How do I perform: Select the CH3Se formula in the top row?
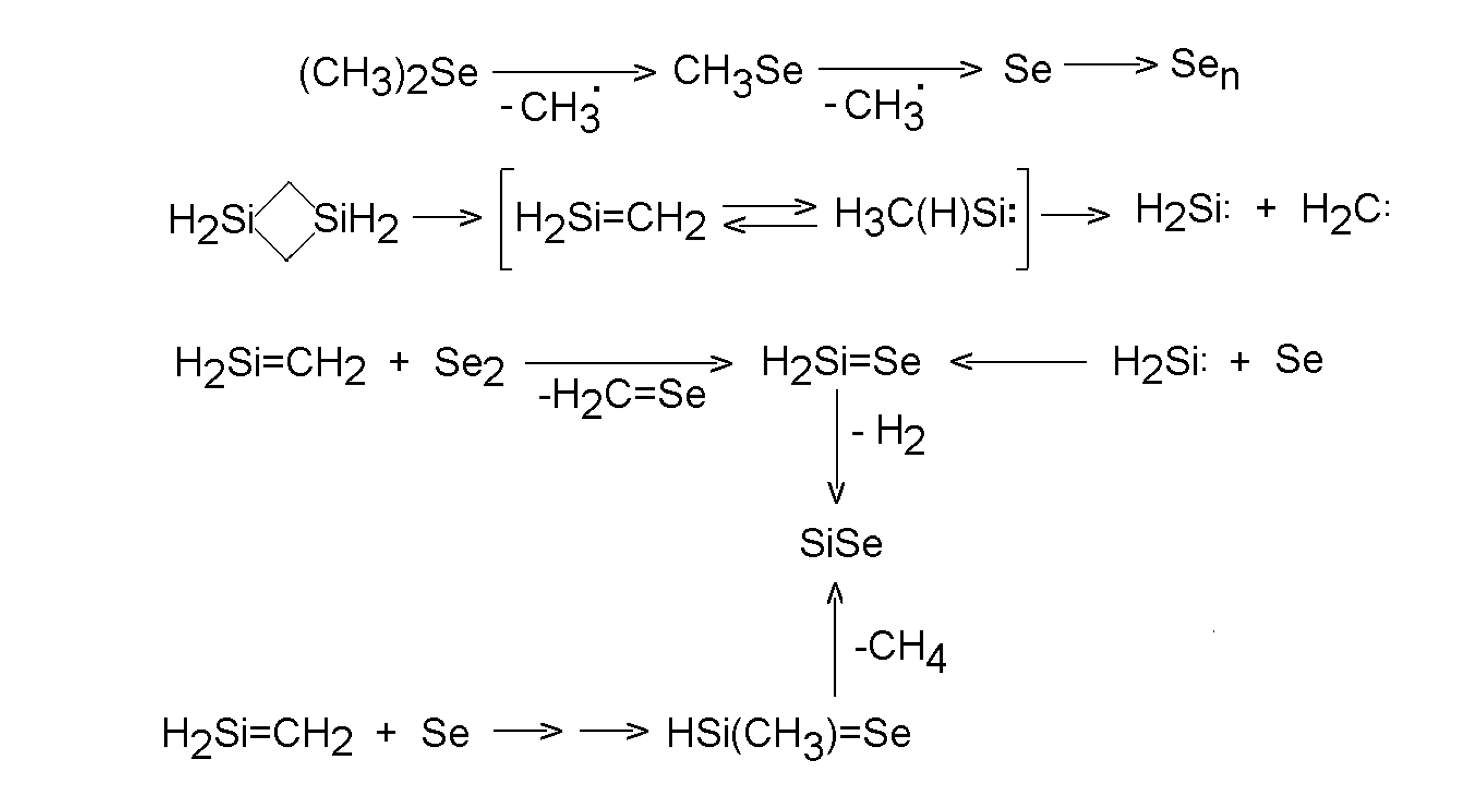pos(738,73)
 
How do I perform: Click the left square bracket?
pos(505,219)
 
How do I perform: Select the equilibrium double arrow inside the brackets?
pos(769,216)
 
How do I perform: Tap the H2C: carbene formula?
pos(1345,212)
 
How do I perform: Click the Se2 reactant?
pos(469,365)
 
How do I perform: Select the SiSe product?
pos(841,543)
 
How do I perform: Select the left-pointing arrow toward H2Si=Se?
pos(1018,362)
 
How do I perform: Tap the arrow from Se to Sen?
pos(1110,65)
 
